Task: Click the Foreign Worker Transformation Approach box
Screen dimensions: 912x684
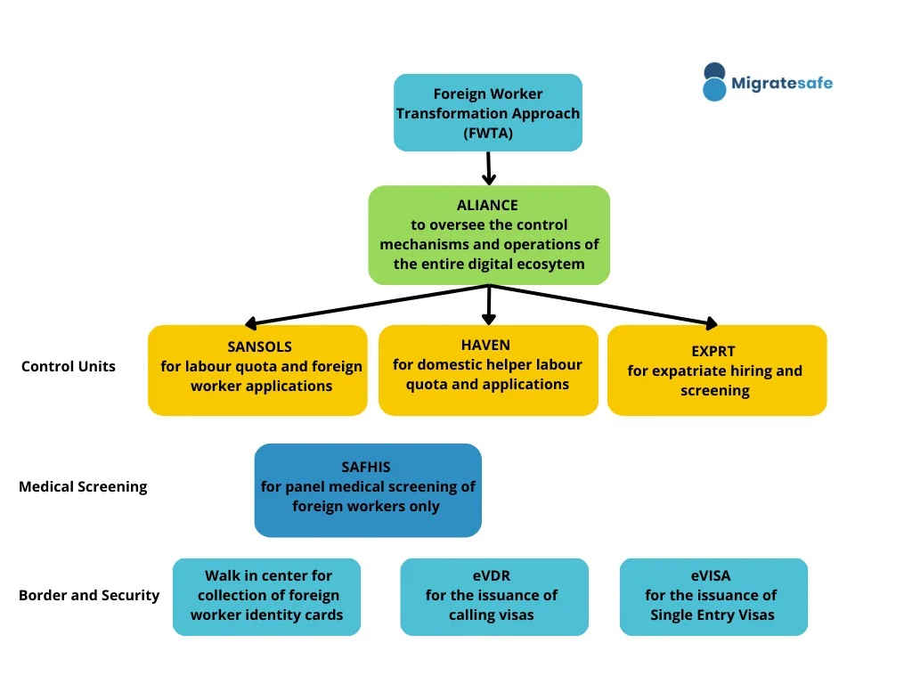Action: [x=488, y=113]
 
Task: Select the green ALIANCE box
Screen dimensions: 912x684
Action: [x=489, y=235]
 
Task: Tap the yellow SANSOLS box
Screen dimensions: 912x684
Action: [x=257, y=370]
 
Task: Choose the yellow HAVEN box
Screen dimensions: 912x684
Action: [x=488, y=370]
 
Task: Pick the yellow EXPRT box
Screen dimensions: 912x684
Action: [x=717, y=370]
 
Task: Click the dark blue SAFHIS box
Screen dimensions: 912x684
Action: [x=368, y=491]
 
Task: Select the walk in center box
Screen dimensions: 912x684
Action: [x=266, y=597]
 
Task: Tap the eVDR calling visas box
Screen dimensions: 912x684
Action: [x=494, y=597]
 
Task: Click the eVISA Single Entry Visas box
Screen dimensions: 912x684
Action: [x=713, y=597]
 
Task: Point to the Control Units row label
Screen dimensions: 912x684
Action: [x=68, y=366]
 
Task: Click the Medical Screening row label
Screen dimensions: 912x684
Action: [x=83, y=487]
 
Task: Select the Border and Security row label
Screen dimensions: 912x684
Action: [x=89, y=596]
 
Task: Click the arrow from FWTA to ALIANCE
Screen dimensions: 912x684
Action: [x=489, y=168]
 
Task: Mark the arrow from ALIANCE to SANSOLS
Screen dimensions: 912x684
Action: [x=367, y=305]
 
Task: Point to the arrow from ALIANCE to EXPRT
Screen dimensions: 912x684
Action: [x=604, y=305]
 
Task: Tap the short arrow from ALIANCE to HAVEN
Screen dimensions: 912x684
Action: [x=489, y=305]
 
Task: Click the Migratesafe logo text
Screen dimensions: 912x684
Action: [x=782, y=83]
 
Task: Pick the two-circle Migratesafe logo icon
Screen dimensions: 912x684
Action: [x=714, y=82]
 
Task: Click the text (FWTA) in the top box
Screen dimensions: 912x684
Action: [x=488, y=134]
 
